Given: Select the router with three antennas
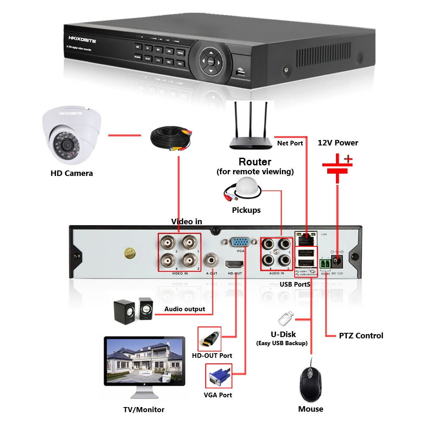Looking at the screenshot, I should click(250, 131).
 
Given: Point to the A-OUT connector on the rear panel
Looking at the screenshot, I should click(211, 259).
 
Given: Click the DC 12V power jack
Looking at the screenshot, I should click(338, 261).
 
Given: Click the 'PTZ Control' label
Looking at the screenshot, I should click(361, 336).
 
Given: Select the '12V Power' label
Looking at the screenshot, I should click(338, 143).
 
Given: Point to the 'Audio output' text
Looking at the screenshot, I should click(184, 309).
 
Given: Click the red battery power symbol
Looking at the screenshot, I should click(338, 165).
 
